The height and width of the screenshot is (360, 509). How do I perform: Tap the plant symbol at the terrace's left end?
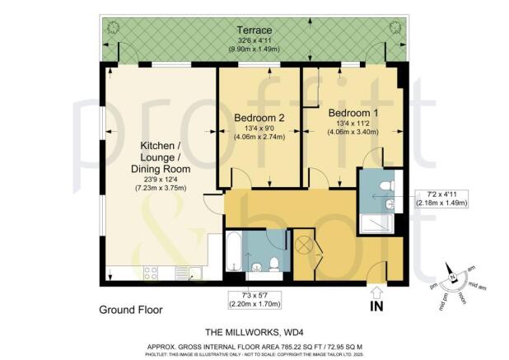[x=113, y=30]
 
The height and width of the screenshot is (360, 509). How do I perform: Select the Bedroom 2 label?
[x=259, y=119]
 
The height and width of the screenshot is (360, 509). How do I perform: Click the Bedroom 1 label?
[x=353, y=112]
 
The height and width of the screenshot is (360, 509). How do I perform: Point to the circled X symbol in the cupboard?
[x=304, y=245]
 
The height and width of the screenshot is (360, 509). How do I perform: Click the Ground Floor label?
[x=131, y=311]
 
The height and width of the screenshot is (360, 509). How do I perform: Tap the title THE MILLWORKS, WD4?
[x=254, y=331]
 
